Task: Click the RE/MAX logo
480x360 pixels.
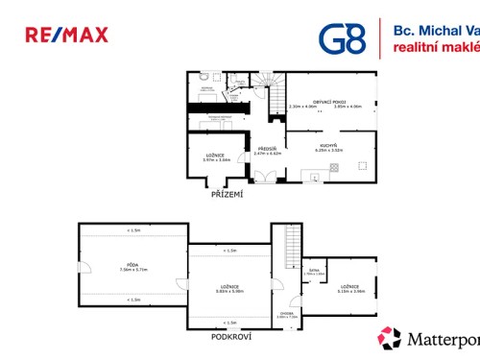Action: point(66,36)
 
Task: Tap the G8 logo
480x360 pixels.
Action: point(343,37)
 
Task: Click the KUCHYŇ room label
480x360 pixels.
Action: point(329,145)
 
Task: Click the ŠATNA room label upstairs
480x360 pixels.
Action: point(314,272)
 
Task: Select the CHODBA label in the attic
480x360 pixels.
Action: point(287,313)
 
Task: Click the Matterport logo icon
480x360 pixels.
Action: point(389,339)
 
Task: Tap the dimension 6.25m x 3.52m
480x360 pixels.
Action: point(329,151)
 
